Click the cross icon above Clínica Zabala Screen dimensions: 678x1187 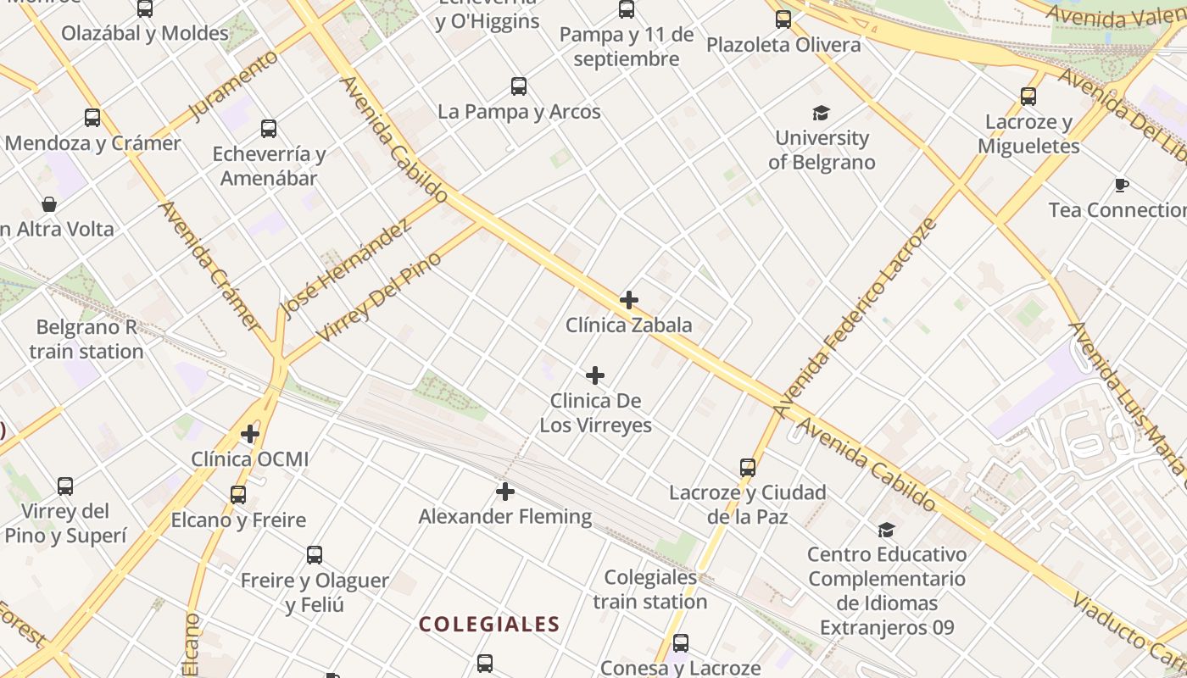(x=629, y=300)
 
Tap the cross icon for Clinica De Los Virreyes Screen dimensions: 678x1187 (x=596, y=375)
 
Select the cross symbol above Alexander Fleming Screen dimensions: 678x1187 (x=505, y=492)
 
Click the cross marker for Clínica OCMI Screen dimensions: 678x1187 (x=250, y=435)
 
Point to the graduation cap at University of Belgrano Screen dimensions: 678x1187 (x=821, y=114)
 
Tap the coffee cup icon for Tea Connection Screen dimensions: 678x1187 (x=1122, y=186)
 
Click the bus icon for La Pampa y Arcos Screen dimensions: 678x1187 (x=519, y=86)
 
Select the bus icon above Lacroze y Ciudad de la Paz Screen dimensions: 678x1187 (x=748, y=468)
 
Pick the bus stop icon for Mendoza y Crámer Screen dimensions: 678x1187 (x=92, y=119)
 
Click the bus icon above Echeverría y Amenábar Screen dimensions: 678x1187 (x=269, y=129)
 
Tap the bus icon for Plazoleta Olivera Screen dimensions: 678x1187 (x=783, y=19)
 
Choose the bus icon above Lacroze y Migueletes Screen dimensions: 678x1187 (x=1028, y=97)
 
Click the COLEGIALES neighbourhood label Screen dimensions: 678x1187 (x=489, y=625)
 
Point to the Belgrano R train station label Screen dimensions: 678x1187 (x=86, y=339)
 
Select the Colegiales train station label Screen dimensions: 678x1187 (x=649, y=590)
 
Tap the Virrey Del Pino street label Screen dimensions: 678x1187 (x=378, y=297)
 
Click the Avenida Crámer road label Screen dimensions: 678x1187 (x=209, y=265)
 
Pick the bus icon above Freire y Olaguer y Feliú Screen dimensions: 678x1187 (x=315, y=556)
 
